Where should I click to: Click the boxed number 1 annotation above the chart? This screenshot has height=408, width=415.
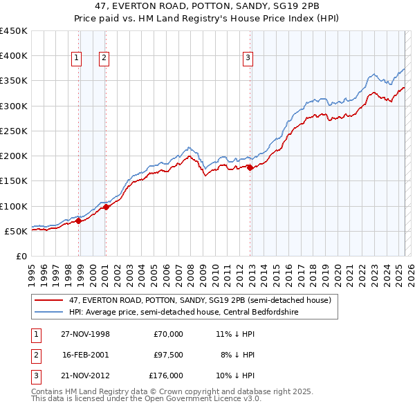pyautogui.click(x=75, y=59)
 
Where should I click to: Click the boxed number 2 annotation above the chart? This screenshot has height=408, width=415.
pyautogui.click(x=103, y=59)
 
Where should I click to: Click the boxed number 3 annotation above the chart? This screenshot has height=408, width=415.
pyautogui.click(x=247, y=59)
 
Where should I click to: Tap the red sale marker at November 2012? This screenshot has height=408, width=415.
pyautogui.click(x=250, y=167)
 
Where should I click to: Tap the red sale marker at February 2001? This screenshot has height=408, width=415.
pyautogui.click(x=106, y=207)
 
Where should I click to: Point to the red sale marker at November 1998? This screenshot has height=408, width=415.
pyautogui.click(x=79, y=221)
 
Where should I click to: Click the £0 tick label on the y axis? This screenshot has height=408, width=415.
pyautogui.click(x=21, y=256)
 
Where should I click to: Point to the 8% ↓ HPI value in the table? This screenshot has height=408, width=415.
pyautogui.click(x=238, y=355)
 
